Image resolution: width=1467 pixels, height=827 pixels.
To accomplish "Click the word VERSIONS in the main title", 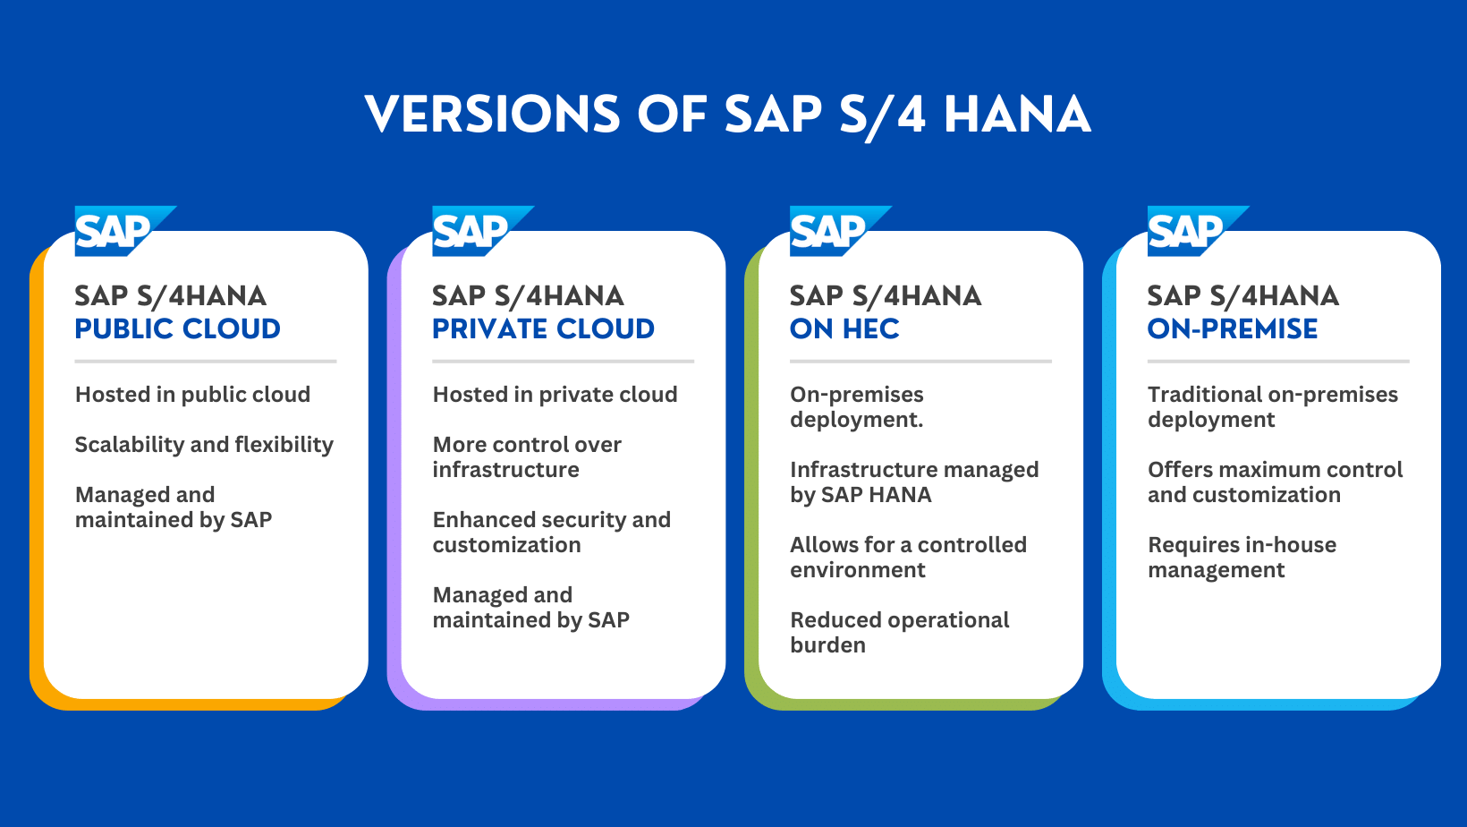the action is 492,114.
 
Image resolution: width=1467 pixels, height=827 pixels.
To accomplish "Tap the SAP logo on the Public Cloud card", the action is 124,231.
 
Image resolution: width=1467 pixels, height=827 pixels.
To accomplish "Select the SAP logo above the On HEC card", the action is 840,231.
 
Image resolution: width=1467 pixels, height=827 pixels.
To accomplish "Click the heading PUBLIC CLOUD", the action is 177,328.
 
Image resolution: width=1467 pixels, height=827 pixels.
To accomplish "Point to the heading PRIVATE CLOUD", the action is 543,328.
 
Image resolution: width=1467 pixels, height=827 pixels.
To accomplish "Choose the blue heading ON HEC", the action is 844,328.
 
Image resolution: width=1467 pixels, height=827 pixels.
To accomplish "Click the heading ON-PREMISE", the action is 1233,328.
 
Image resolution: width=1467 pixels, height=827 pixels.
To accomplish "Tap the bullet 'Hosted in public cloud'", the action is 192,395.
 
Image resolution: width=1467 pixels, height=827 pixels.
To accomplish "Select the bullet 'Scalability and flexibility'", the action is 204,444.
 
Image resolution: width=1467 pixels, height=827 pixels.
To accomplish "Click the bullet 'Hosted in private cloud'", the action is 555,395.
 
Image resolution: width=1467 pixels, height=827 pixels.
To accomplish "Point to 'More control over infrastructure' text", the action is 527,456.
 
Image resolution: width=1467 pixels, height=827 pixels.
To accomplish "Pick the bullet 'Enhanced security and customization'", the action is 551,533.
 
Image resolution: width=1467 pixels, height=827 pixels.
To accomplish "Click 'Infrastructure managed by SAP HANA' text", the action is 914,482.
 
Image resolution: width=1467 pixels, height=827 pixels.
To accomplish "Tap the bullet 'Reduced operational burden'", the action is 899,633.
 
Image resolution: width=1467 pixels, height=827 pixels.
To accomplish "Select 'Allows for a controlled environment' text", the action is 908,557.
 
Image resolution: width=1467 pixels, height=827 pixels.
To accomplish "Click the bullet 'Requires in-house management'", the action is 1242,557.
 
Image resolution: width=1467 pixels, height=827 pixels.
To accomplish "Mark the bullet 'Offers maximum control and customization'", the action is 1275,482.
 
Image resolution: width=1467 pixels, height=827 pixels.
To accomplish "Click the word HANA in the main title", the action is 1017,114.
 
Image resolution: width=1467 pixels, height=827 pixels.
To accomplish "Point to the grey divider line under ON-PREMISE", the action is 1278,361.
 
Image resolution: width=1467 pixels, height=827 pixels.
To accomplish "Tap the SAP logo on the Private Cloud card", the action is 482,231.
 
